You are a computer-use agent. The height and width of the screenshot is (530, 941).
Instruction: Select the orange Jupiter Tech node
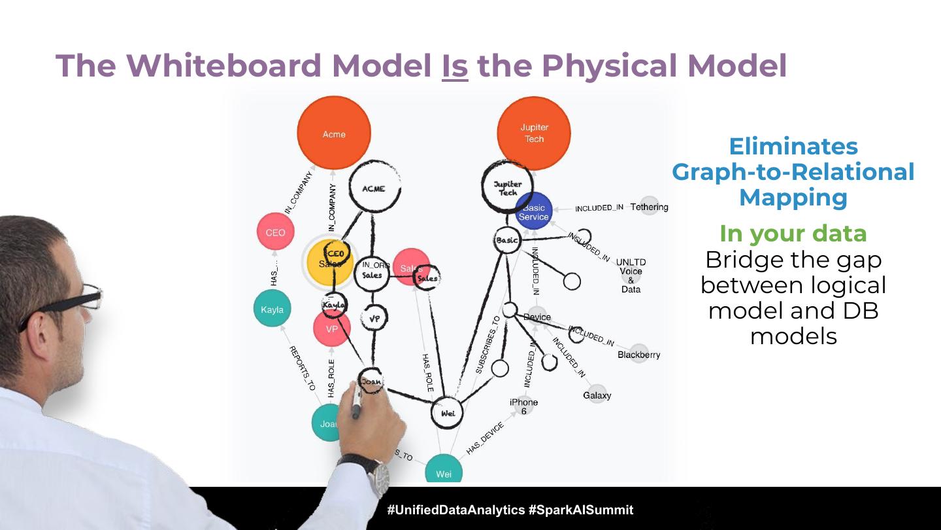coord(534,133)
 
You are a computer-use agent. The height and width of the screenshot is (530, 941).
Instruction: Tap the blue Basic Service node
coord(534,211)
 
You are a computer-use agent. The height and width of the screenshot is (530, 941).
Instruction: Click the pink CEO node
coord(275,232)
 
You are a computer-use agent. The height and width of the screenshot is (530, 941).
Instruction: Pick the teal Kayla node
coord(272,309)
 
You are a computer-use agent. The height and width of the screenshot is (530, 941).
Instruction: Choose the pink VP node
coord(331,329)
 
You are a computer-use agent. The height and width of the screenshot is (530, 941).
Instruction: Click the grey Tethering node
coord(649,207)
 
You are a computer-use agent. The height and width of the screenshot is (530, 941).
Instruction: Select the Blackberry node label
coord(638,355)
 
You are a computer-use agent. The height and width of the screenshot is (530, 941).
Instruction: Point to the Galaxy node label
coord(597,395)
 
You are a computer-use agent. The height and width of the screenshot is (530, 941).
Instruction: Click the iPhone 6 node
coord(523,406)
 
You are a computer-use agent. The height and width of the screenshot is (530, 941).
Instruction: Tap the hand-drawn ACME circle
coord(374,188)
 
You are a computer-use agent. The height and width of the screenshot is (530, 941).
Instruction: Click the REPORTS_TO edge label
coord(302,368)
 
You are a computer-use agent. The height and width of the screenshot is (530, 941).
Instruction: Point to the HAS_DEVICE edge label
coord(485,438)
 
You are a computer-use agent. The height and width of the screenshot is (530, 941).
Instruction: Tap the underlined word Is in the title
coord(455,65)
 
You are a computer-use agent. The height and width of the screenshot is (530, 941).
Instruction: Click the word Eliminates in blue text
coord(793,146)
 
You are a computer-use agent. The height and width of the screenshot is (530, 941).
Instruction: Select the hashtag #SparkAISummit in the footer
coord(580,510)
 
